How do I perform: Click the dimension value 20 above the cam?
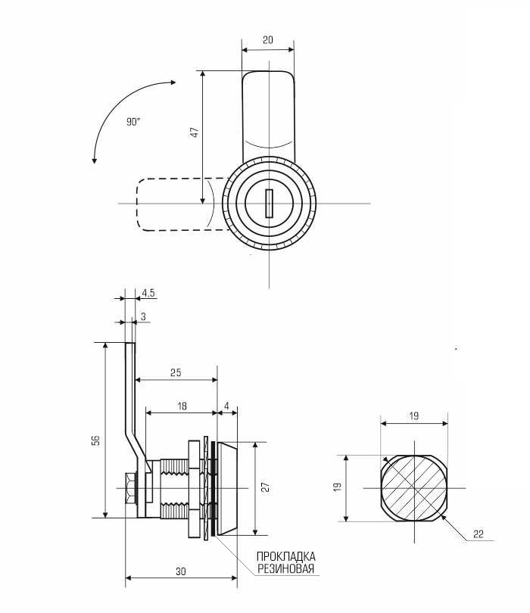pos(268,40)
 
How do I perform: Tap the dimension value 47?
pos(195,132)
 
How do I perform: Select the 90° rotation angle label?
pos(133,122)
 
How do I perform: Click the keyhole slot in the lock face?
pos(269,204)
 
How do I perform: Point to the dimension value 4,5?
pos(148,292)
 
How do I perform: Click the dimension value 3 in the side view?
pos(143,316)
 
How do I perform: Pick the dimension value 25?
pos(176,372)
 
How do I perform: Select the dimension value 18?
pos(182,406)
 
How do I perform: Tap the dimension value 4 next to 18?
pos(227,406)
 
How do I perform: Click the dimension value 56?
pos(97,440)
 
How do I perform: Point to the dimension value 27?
pos(266,487)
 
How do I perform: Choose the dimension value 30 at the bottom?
pos(181,571)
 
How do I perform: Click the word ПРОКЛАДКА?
pos(286,556)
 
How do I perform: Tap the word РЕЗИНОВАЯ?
pos(286,568)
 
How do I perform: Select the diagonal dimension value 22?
pos(479,534)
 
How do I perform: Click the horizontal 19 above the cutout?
pos(414,416)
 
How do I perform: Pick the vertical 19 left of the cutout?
pos(338,487)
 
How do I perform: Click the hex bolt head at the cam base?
pos(131,488)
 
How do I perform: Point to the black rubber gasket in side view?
pos(213,489)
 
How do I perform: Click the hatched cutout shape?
pos(414,488)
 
